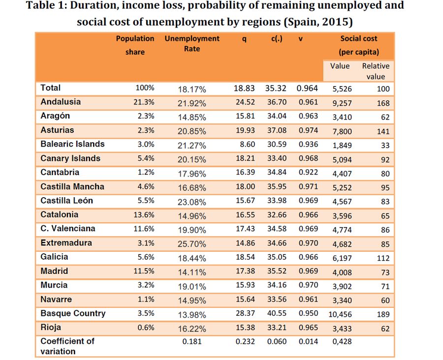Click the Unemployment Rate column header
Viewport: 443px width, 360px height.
pos(191,43)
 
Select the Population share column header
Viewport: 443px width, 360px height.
pos(135,45)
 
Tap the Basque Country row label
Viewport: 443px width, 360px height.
pos(73,313)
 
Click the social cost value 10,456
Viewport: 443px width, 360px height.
pos(339,314)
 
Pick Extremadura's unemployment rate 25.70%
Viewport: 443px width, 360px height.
pos(191,244)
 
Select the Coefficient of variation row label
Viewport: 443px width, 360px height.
pos(67,346)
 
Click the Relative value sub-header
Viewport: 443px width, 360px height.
pos(376,71)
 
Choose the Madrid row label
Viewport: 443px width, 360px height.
pos(54,271)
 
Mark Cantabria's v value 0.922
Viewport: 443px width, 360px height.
pos(307,173)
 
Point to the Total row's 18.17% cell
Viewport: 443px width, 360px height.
pos(191,89)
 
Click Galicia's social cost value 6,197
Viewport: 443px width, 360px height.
pos(339,258)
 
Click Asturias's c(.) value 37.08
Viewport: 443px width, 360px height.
pos(276,130)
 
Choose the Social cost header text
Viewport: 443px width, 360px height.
pos(359,38)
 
